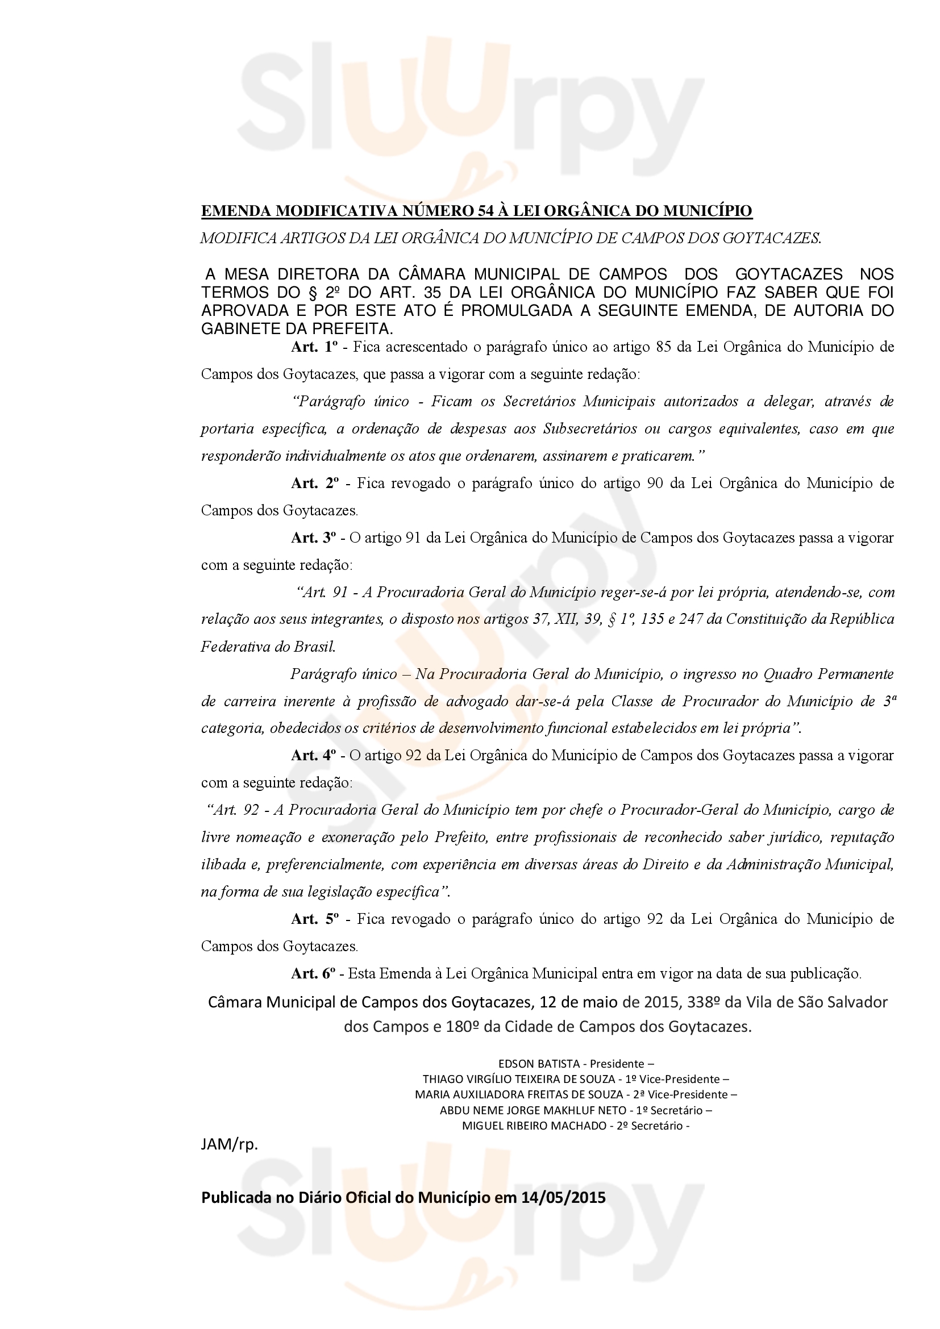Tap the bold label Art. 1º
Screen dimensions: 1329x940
(314, 347)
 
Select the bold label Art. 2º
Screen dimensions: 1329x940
(314, 484)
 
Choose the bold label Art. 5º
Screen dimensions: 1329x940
(314, 919)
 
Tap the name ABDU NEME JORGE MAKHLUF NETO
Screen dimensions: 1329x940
(533, 1110)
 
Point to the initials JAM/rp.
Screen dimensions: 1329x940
(229, 1144)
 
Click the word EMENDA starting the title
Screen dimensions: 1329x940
(236, 211)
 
